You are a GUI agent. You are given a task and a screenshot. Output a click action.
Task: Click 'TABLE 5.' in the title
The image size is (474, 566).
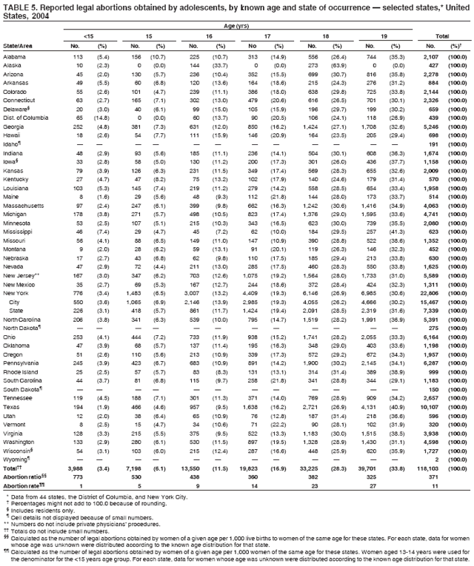(x=20, y=5)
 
